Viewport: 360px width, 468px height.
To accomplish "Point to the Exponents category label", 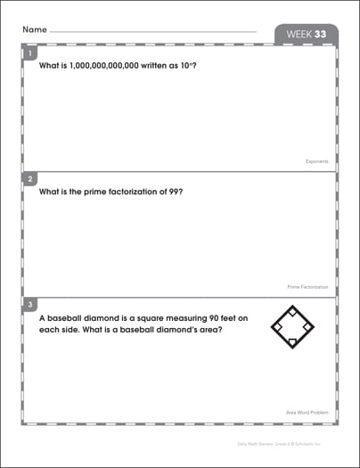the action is click(x=315, y=161).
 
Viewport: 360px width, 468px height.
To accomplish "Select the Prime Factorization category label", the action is click(x=307, y=287).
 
